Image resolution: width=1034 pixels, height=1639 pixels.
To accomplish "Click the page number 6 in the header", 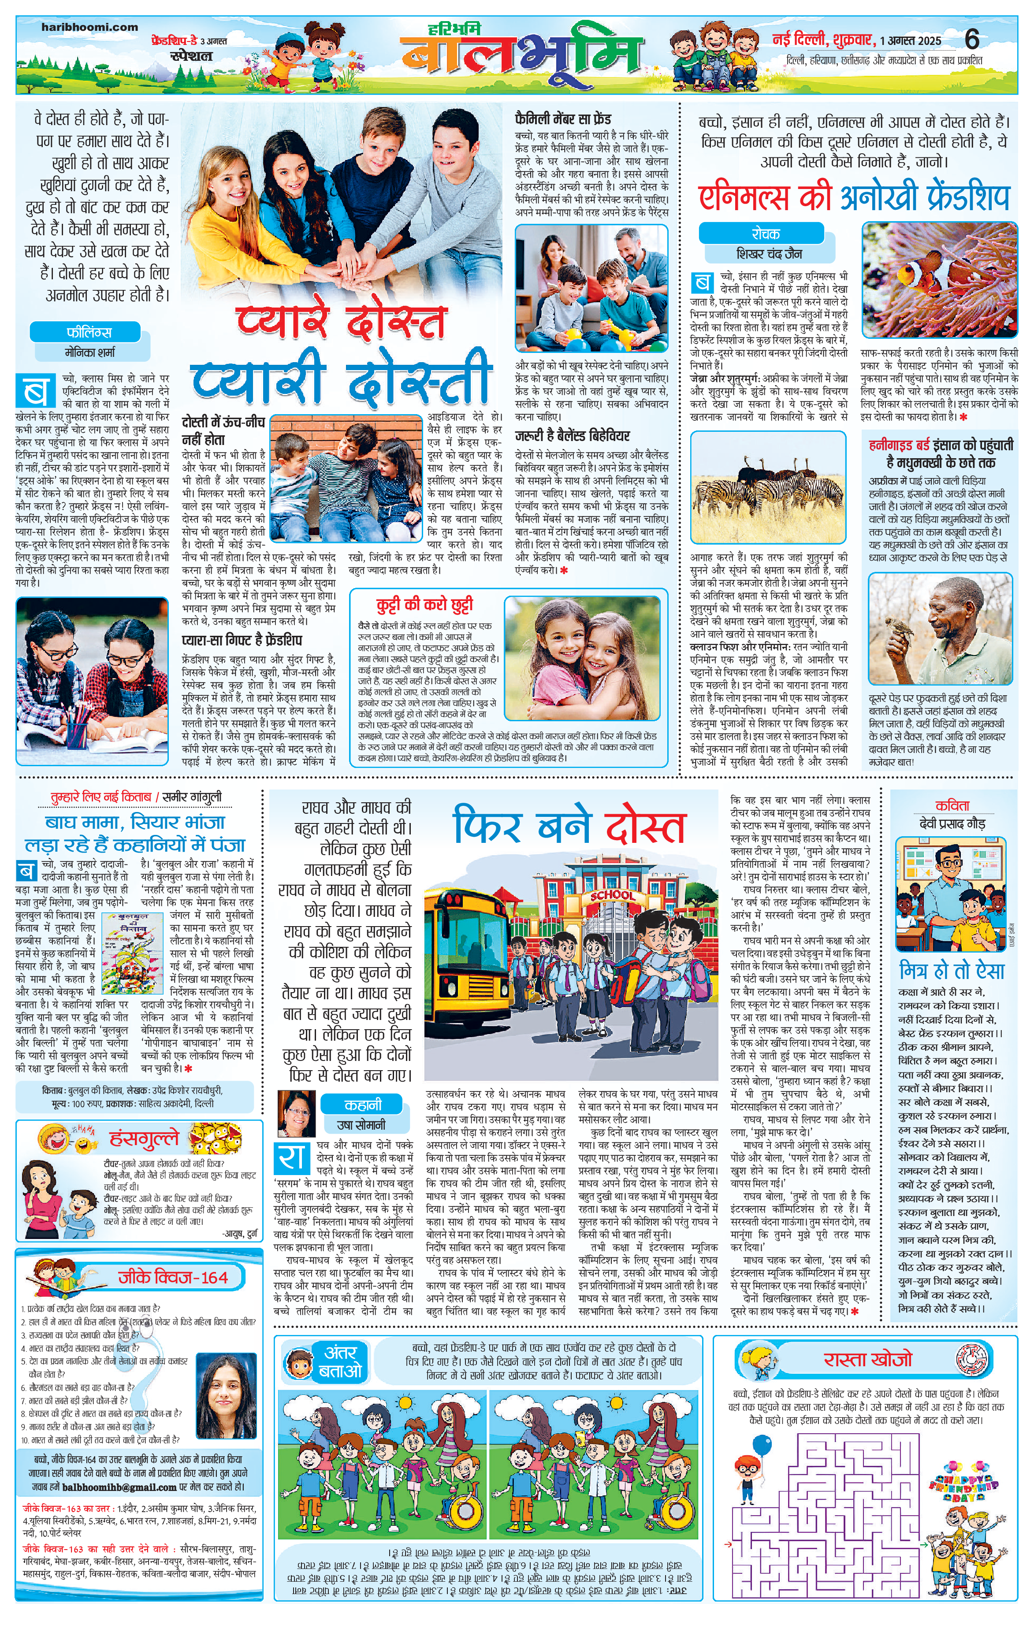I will click(971, 40).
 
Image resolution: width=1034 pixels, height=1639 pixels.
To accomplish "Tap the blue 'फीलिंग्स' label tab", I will click(89, 333).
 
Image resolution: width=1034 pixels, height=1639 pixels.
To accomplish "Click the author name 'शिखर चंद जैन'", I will click(769, 254).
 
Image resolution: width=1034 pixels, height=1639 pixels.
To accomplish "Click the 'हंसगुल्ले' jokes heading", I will click(144, 1137).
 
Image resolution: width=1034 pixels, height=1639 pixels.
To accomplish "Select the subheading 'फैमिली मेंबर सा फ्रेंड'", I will click(563, 119).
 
